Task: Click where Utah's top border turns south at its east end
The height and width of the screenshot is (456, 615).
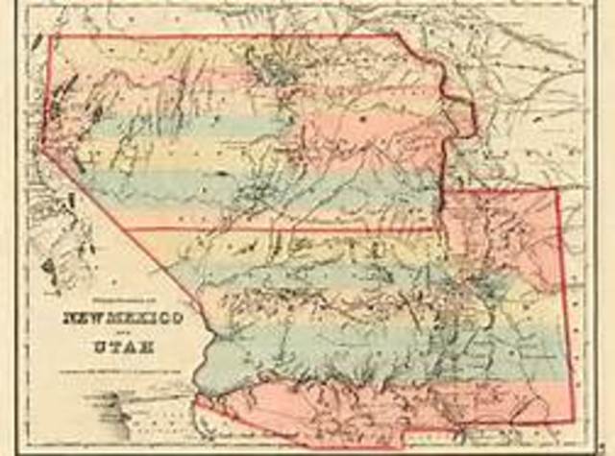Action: (400, 36)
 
